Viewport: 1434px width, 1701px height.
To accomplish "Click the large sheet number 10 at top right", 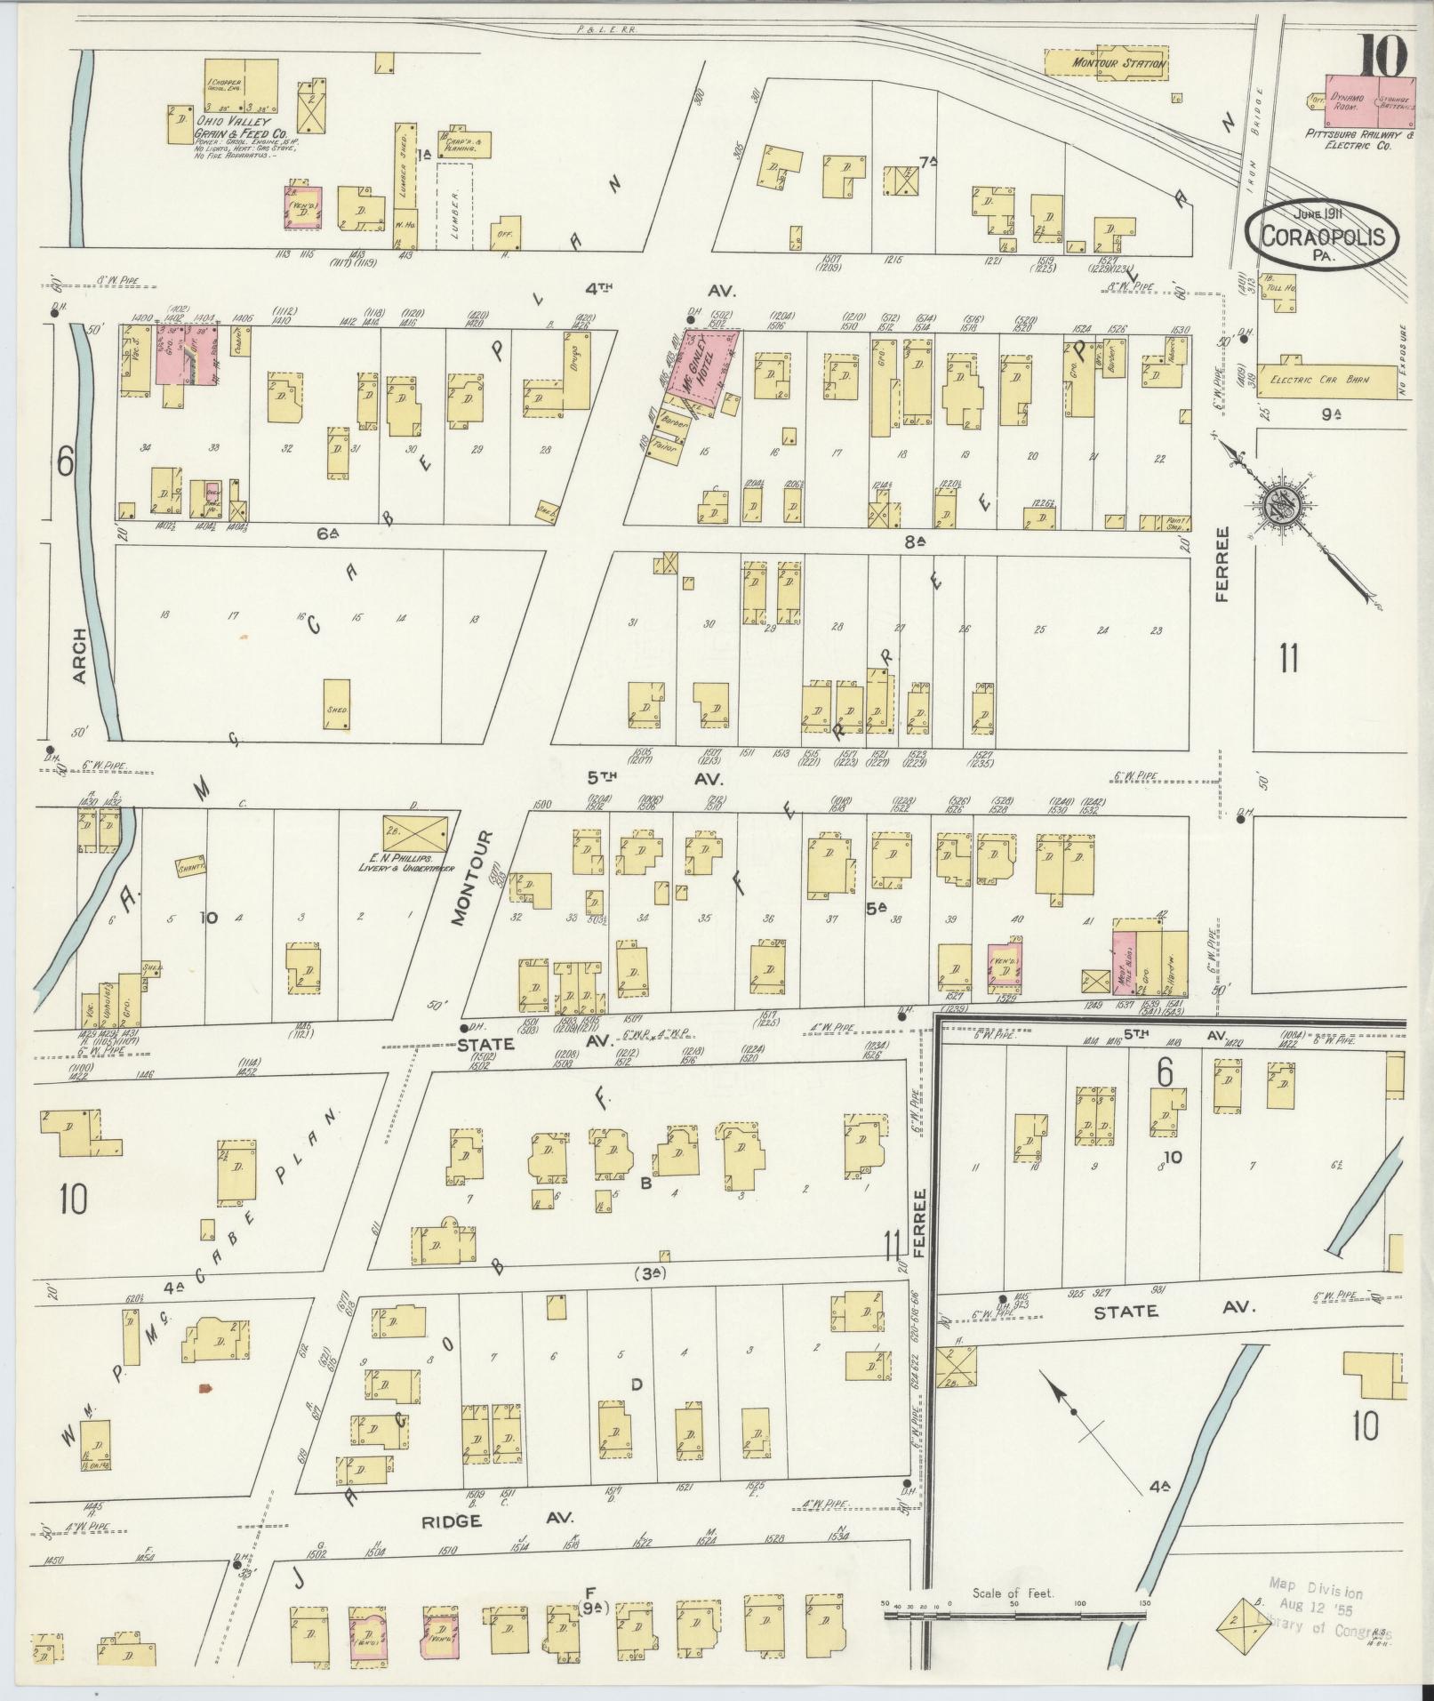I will click(x=1381, y=59).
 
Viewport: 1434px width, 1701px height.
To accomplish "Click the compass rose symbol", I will click(x=1285, y=507).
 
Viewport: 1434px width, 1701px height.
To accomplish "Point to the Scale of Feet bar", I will click(x=1013, y=1613).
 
